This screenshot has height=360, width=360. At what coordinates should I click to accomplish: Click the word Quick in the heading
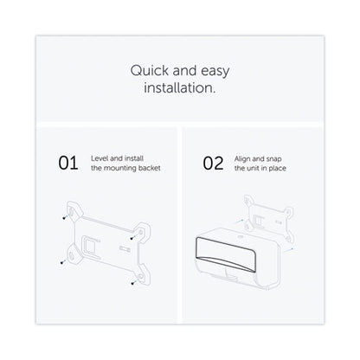[x=149, y=71]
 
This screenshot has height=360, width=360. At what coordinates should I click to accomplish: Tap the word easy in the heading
[x=215, y=72]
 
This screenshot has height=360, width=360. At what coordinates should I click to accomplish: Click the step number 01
[x=68, y=163]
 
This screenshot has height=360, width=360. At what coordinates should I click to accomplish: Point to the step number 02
[x=213, y=164]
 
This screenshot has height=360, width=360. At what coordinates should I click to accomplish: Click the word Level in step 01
[x=100, y=158]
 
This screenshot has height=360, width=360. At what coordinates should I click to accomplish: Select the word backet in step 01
[x=149, y=168]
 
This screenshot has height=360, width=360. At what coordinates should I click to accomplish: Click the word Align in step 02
[x=242, y=159]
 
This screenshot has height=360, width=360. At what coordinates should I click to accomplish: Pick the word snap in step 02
[x=273, y=159]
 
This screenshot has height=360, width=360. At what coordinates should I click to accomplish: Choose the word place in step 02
[x=277, y=169]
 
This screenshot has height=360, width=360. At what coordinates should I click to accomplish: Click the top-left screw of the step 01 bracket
[x=64, y=218]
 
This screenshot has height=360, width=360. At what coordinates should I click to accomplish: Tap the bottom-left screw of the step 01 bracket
[x=61, y=262]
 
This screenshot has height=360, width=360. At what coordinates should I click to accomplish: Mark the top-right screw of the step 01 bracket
[x=132, y=238]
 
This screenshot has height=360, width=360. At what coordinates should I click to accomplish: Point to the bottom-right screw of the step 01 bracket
[x=132, y=283]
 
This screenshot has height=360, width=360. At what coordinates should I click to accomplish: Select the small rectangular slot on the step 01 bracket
[x=125, y=247]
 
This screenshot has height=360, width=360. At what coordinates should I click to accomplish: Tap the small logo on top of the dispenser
[x=241, y=236]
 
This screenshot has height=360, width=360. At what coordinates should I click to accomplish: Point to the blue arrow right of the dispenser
[x=289, y=250]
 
